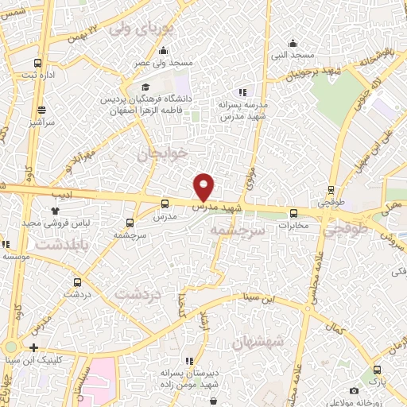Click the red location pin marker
(204, 186)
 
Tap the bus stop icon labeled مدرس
(165, 203)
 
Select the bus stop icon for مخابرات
(293, 213)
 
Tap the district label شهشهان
(259, 343)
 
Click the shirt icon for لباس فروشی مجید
(55, 211)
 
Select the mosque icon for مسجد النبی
(293, 43)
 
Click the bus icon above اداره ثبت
(37, 63)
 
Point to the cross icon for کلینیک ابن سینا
(33, 347)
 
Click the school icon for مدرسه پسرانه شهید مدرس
(242, 92)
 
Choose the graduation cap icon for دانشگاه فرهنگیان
(145, 87)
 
